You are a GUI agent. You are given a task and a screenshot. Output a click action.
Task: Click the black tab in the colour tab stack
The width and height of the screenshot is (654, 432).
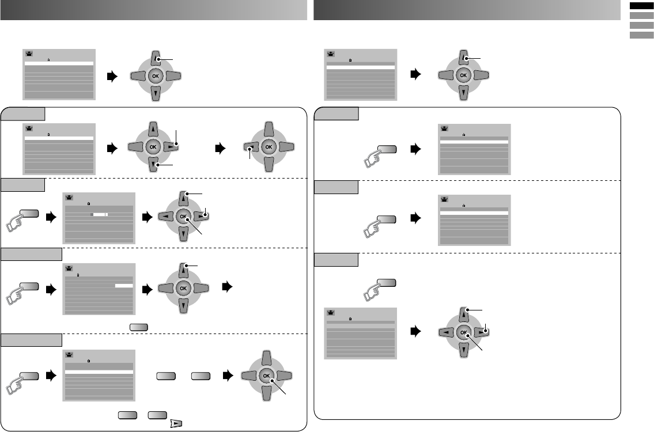[x=639, y=6]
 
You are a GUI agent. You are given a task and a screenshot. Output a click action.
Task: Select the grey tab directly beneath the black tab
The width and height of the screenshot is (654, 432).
[x=639, y=16]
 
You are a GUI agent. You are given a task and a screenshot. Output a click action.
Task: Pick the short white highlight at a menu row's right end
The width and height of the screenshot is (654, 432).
[x=124, y=285]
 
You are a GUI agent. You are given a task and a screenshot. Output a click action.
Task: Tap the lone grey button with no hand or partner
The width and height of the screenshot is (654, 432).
[x=138, y=327]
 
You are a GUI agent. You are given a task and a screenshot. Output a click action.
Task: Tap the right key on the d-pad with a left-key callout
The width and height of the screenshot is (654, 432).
[x=287, y=147]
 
